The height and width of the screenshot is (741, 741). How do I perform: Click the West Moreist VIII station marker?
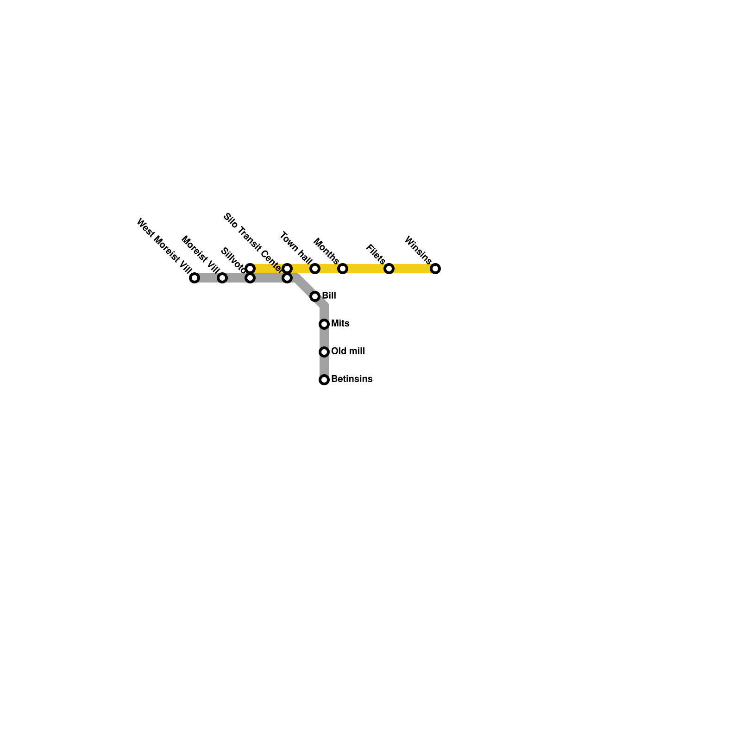(x=195, y=278)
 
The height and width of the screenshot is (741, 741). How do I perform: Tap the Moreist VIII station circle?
(x=222, y=278)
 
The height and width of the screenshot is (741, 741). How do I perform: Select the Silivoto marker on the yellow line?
(x=250, y=269)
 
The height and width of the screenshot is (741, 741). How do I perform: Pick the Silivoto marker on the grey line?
(x=250, y=278)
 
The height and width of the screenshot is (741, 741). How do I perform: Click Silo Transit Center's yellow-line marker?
(x=287, y=269)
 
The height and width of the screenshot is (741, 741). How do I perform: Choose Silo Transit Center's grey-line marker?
(x=287, y=278)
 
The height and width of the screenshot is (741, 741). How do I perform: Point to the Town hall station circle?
(x=315, y=269)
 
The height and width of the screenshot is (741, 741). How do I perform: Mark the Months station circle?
(x=343, y=269)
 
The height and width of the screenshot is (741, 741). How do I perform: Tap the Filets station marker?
(x=389, y=269)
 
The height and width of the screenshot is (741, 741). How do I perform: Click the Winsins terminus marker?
(x=435, y=269)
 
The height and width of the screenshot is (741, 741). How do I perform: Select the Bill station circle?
(x=315, y=296)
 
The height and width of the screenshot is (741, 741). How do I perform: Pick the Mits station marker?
(x=324, y=324)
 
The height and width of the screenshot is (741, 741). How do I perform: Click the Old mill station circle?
(x=324, y=352)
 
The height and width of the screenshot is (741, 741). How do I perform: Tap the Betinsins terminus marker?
(x=324, y=380)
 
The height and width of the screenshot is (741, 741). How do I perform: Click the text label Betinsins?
(x=352, y=379)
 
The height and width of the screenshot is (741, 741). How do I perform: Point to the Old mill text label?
(x=348, y=352)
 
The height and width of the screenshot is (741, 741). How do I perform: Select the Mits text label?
(x=340, y=324)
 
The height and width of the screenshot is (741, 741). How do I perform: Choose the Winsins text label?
(x=418, y=250)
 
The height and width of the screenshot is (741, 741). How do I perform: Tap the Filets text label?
(x=376, y=254)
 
